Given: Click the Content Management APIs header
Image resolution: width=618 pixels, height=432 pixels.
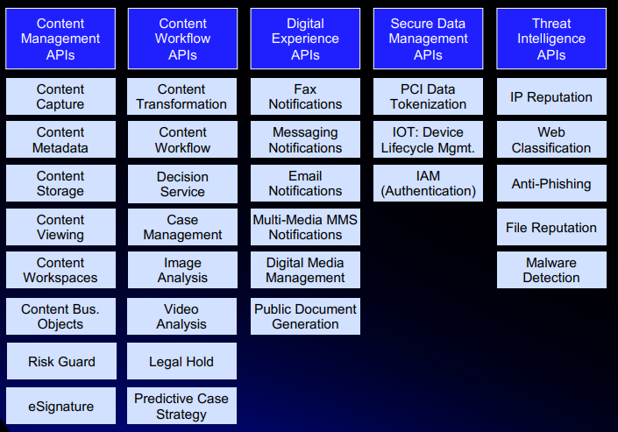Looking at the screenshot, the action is tap(60, 39).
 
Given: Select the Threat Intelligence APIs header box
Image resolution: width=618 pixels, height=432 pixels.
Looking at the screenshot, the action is tap(551, 39).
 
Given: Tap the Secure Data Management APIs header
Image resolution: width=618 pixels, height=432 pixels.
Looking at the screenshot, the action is tap(428, 39).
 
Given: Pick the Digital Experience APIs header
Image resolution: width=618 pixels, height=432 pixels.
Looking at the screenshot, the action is tap(305, 39).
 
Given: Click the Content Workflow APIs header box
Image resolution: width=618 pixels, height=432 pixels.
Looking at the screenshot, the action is tap(182, 39).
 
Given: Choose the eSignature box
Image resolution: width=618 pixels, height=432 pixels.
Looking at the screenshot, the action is tap(61, 406).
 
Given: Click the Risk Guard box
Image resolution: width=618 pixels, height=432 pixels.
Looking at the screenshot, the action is tap(61, 361).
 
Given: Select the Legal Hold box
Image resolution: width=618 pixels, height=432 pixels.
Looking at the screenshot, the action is tap(181, 361).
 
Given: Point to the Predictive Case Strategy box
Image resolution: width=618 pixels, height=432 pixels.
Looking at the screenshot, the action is tap(181, 406).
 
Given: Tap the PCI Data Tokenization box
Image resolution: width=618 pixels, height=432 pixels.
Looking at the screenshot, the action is tap(428, 96).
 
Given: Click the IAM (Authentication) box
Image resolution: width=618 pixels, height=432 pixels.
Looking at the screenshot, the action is tap(428, 183).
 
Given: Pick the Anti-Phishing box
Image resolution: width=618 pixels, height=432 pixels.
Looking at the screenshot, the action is tap(551, 183).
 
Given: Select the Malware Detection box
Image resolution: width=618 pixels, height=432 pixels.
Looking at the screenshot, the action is tap(551, 270).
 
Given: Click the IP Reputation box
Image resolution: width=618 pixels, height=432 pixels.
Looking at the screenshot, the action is tap(551, 96).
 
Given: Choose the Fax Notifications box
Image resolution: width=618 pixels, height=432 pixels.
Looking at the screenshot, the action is tap(305, 96).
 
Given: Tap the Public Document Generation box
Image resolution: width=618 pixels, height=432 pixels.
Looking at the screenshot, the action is tap(305, 316).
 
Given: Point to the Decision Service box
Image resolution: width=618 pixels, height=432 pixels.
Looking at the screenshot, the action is tap(182, 184).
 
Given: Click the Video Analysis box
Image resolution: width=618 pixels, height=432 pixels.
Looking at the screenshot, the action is tap(181, 316).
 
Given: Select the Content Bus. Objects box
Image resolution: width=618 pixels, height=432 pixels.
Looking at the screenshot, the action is tap(61, 316).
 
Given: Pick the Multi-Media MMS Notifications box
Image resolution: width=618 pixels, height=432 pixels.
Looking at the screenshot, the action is tap(305, 227).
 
